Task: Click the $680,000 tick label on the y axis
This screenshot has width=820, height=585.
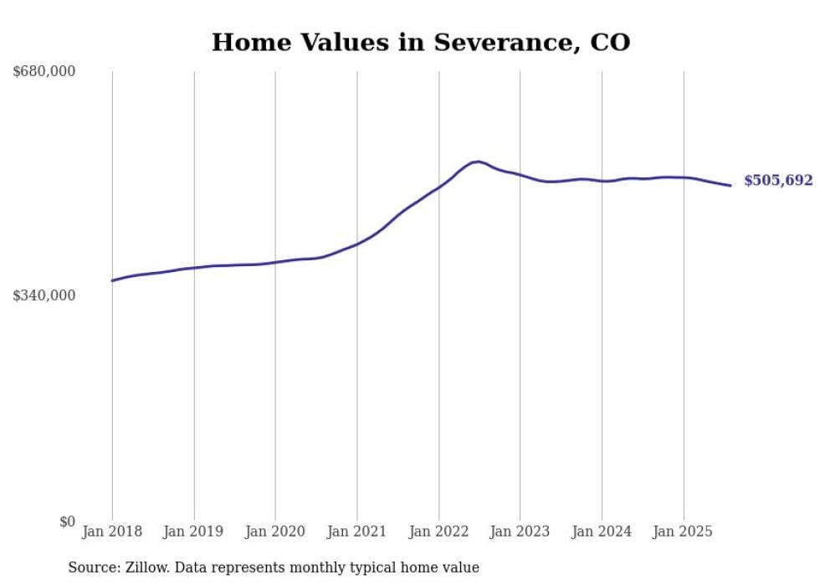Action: coord(44,72)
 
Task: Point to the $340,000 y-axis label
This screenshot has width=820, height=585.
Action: coord(44,295)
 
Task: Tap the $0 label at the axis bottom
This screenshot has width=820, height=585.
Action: coord(67,521)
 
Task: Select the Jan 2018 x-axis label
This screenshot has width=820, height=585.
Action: coord(112,531)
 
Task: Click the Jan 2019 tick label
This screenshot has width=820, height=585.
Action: coord(194,531)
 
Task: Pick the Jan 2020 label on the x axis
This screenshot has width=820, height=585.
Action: coord(275,531)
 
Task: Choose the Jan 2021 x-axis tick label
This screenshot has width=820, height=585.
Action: coord(357,531)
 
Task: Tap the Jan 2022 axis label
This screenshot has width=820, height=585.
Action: coord(438,531)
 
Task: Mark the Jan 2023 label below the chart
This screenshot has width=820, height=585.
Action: coord(520,531)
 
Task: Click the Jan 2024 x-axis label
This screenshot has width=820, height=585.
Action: coord(602,531)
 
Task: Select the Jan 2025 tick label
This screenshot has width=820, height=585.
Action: coord(684,531)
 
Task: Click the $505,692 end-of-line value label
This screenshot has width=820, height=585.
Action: coord(778,181)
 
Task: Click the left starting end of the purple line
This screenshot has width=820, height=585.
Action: coord(113,280)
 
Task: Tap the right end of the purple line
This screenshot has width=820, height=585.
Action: coord(730,185)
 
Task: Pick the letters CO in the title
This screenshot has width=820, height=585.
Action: coord(612,43)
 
